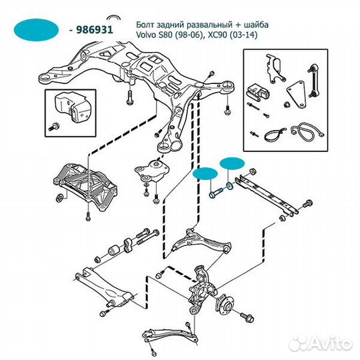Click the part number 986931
(x=95, y=29)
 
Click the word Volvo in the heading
(x=146, y=35)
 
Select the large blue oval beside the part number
(x=36, y=30)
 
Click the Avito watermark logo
(x=321, y=343)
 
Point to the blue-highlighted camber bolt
(x=216, y=193)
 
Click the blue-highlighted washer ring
(x=229, y=186)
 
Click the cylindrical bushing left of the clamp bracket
(x=114, y=250)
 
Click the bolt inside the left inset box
(x=54, y=127)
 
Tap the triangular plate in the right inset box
(x=297, y=95)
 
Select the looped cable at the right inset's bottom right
(x=307, y=131)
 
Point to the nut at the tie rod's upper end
(x=253, y=171)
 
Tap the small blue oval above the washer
(x=232, y=163)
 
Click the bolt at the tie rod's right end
(x=307, y=203)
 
